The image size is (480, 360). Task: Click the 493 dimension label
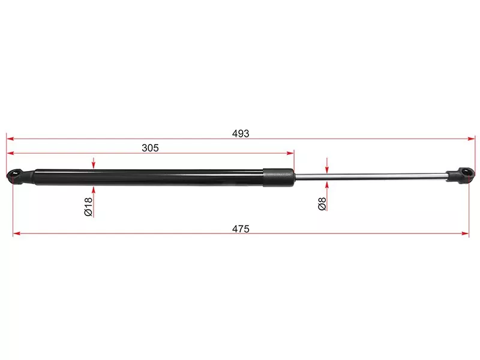tap(241, 134)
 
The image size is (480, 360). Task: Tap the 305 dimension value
tap(151, 148)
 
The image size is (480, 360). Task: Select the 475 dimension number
tap(241, 229)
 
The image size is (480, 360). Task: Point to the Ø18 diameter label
tap(88, 206)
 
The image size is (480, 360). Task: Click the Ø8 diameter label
tap(322, 204)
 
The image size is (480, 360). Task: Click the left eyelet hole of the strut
tap(15, 173)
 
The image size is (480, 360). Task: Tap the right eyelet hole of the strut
tap(466, 172)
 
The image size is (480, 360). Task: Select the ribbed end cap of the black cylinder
tap(278, 177)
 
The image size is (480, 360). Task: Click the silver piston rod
tap(370, 176)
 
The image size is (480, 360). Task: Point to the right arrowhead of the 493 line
tap(472, 139)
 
